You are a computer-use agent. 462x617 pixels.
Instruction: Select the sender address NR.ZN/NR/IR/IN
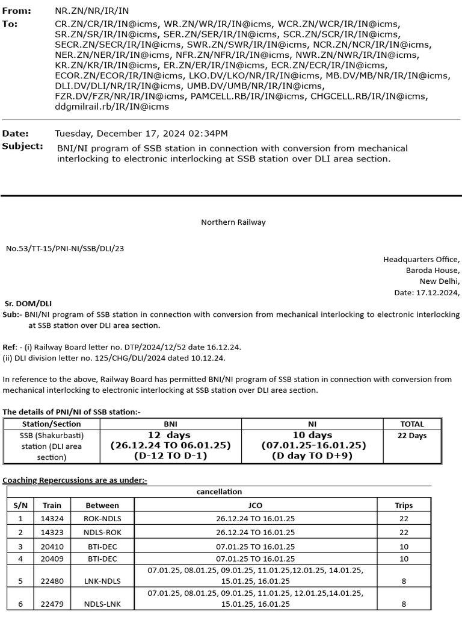coord(91,11)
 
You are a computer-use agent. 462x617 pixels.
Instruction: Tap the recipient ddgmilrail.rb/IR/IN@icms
coord(112,107)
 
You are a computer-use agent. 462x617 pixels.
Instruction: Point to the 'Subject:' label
coord(23,146)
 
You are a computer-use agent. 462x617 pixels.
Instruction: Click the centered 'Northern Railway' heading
coord(233,222)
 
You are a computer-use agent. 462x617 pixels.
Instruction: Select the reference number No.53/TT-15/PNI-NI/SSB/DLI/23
coord(65,248)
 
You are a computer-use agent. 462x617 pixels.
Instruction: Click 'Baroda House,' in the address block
coord(433,271)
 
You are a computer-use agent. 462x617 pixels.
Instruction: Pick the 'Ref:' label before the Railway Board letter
coord(10,348)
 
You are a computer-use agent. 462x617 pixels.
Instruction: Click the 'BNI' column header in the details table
coord(171,424)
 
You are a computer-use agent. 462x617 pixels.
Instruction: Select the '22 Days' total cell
coord(412,436)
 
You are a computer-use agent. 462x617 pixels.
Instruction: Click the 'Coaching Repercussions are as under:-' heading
coord(75,480)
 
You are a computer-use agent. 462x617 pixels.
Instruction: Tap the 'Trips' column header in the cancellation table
coord(404,505)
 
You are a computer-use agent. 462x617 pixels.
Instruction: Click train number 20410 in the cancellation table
coord(48,547)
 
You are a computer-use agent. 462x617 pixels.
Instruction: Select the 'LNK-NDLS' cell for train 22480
coord(102,581)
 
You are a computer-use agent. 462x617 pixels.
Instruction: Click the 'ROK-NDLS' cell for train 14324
coord(102,518)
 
